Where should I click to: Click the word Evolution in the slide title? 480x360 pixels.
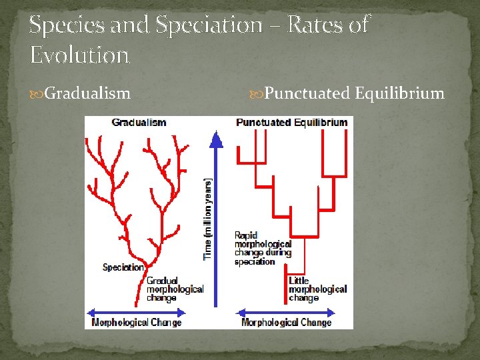pyautogui.click(x=79, y=55)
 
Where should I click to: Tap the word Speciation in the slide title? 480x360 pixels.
pyautogui.click(x=209, y=25)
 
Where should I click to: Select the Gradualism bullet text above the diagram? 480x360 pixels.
pyautogui.click(x=87, y=93)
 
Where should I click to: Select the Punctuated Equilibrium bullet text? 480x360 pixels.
pyautogui.click(x=354, y=93)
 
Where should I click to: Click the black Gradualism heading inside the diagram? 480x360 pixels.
pyautogui.click(x=139, y=123)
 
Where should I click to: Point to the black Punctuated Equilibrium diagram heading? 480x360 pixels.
pyautogui.click(x=291, y=123)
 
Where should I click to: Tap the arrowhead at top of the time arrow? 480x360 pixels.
pyautogui.click(x=215, y=137)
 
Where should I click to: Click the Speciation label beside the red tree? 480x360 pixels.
pyautogui.click(x=123, y=267)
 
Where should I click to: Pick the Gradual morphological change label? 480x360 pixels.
pyautogui.click(x=175, y=289)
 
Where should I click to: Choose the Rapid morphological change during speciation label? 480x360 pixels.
pyautogui.click(x=263, y=248)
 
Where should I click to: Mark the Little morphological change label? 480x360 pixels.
pyautogui.click(x=317, y=289)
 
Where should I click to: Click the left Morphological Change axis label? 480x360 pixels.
pyautogui.click(x=136, y=323)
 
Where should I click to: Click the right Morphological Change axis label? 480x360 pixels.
pyautogui.click(x=286, y=323)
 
